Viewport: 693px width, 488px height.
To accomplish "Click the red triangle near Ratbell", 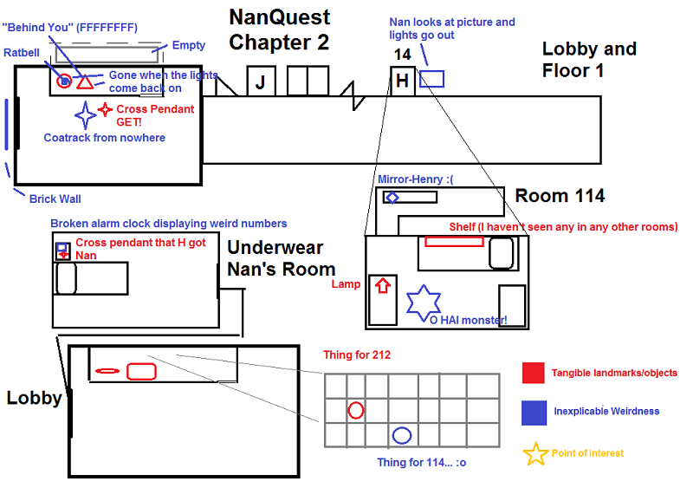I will click(x=84, y=82).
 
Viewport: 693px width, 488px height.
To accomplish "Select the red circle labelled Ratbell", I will click(x=64, y=81).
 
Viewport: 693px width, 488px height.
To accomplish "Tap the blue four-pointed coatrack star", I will click(x=86, y=114).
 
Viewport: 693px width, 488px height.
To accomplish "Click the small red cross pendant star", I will click(x=105, y=109).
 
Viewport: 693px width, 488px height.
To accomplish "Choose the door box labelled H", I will click(x=402, y=81).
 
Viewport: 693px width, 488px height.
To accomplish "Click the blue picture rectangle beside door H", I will click(x=431, y=79).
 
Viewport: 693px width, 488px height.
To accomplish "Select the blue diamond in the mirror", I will click(x=392, y=198).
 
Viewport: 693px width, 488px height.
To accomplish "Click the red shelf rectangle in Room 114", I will click(x=454, y=241).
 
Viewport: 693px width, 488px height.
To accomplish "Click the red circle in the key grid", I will click(x=355, y=410).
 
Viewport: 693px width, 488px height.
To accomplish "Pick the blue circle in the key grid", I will click(x=401, y=435).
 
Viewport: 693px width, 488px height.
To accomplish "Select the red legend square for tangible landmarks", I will click(x=534, y=373).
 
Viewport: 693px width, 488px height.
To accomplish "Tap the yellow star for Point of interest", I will click(x=535, y=453).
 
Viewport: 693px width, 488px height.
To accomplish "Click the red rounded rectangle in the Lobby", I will click(x=141, y=371).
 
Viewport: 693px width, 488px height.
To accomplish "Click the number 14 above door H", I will click(x=402, y=55).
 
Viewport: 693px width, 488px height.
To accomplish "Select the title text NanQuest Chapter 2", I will click(x=279, y=28).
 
